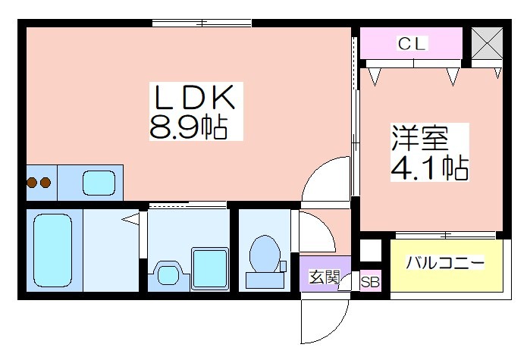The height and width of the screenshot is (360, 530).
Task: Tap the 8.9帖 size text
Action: tap(188, 127)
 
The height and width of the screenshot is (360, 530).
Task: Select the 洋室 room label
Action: tap(420, 138)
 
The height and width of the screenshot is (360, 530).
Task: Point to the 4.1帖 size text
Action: tap(430, 167)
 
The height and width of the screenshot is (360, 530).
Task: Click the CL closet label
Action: tap(412, 43)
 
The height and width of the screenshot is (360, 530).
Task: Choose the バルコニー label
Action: tap(446, 262)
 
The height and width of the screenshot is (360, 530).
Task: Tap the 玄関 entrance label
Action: tap(325, 277)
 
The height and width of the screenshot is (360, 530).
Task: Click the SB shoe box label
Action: tap(370, 282)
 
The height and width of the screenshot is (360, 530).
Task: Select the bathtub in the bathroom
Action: tap(53, 250)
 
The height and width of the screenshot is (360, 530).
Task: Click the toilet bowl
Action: tap(265, 254)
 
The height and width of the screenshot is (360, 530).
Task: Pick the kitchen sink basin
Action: tap(99, 183)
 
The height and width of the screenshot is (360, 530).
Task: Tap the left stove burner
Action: tap(32, 183)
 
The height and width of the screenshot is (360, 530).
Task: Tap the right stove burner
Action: tap(45, 183)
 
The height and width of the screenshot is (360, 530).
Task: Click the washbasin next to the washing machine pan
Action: tap(168, 274)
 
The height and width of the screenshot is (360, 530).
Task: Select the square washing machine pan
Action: tap(210, 269)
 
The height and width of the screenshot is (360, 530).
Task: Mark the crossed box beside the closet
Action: tap(487, 43)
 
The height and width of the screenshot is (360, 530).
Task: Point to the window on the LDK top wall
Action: tap(202, 23)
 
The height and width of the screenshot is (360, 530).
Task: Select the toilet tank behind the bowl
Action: tap(265, 280)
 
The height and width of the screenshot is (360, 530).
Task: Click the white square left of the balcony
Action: tap(371, 250)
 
